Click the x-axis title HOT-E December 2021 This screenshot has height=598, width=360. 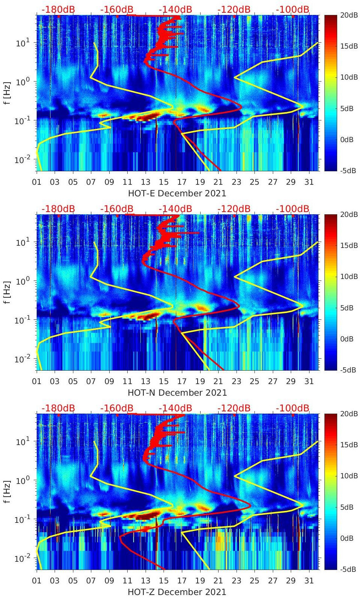coord(177,193)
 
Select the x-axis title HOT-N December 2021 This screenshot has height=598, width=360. coord(177,393)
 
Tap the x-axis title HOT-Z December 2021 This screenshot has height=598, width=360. coord(177,592)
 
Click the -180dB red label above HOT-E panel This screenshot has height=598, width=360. coord(58,9)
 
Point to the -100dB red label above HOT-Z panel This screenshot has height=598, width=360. coord(293,408)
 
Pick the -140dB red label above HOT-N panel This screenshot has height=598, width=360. coord(176,209)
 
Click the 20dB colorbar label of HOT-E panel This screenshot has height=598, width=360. coord(348,15)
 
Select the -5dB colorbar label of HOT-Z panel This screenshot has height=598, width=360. coord(348,569)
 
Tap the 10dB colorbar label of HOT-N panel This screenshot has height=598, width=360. coord(348,277)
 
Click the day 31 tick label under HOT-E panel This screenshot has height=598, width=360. coord(309,182)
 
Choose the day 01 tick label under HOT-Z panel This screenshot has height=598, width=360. coord(37,581)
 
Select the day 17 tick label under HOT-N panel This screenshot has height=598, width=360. coord(182,381)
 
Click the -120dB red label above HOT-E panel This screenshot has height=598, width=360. coord(234,9)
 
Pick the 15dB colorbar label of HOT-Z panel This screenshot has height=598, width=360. coord(348,445)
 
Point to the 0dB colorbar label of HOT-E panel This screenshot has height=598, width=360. coord(347,139)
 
